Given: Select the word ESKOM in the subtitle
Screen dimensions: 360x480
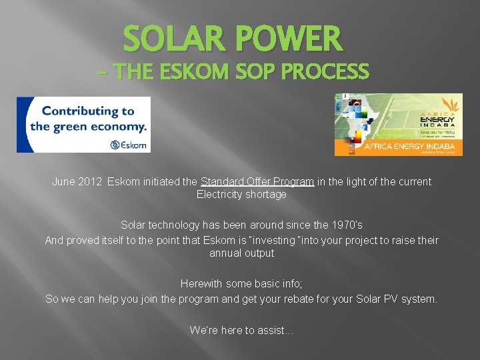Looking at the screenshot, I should click(194, 71).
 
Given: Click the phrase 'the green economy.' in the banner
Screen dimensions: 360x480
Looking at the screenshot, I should click(87, 127).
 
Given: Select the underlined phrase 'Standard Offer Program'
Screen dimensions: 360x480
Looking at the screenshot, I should click(257, 181).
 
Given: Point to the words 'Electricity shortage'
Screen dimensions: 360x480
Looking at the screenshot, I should click(241, 195).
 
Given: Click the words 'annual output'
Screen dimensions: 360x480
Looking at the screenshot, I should click(241, 253).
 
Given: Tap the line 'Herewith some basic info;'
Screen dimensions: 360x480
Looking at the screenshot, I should click(241, 284).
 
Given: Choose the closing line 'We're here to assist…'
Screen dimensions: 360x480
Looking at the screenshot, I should click(241, 329).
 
